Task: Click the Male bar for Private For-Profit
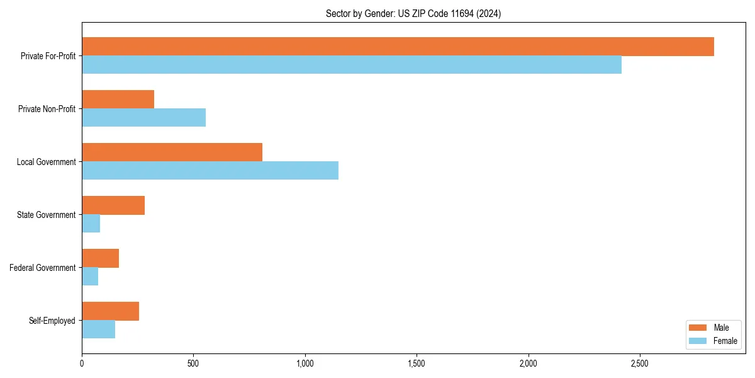point(398,47)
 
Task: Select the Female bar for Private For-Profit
point(352,65)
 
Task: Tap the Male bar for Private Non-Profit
point(118,100)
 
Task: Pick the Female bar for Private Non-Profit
point(143,118)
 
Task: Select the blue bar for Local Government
point(210,171)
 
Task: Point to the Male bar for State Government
point(113,205)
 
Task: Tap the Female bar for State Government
point(91,224)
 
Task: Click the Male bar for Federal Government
point(100,258)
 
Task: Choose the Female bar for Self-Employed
point(98,329)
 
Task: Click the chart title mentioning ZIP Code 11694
point(413,14)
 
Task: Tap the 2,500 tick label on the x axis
point(640,364)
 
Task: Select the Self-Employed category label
point(52,321)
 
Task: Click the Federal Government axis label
point(43,268)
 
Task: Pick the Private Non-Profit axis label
point(47,109)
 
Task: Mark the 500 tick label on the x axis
point(193,364)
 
